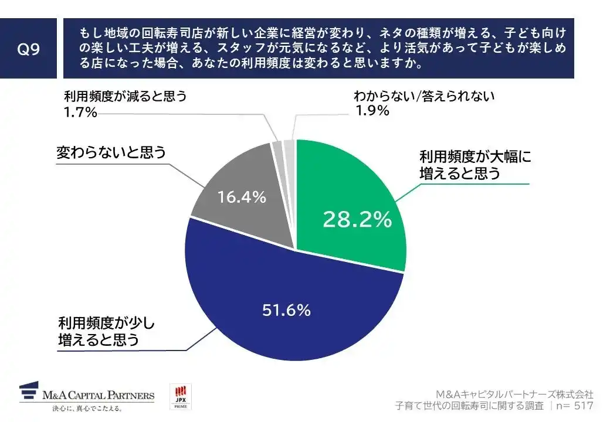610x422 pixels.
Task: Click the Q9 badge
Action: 28,49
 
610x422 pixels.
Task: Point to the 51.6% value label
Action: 286,310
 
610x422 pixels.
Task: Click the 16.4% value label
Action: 242,198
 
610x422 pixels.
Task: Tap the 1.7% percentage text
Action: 80,112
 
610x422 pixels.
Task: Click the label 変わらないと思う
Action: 111,153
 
